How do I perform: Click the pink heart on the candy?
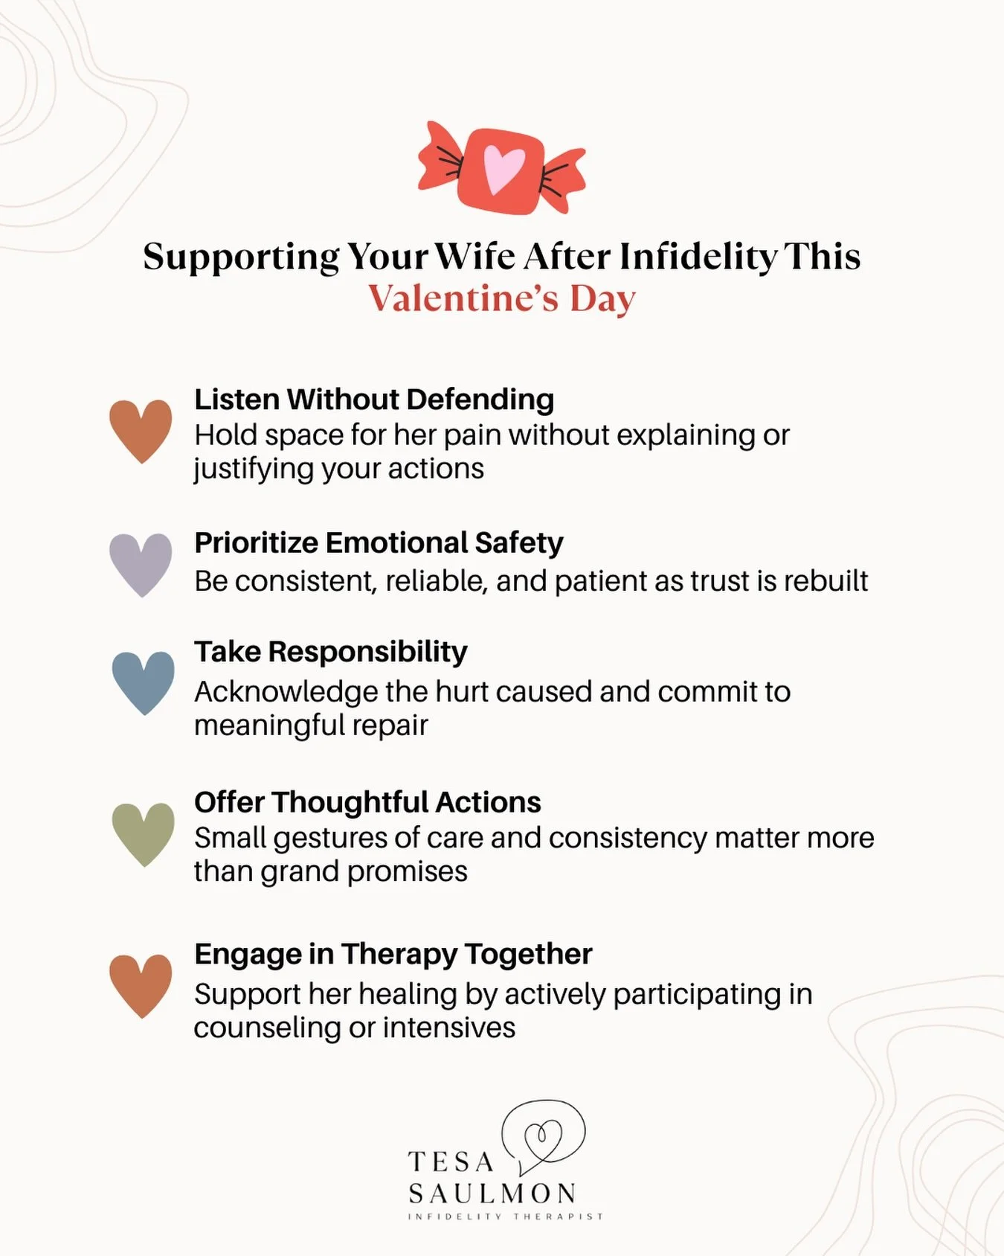[503, 169]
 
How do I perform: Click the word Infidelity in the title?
[698, 257]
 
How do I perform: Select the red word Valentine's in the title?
[463, 298]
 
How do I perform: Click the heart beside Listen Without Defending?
[141, 430]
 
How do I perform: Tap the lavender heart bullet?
[141, 564]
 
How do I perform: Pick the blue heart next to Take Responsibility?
[143, 682]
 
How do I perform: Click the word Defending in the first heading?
[480, 400]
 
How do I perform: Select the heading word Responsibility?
[367, 652]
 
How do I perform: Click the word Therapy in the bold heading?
[399, 955]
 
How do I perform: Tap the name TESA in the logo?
[451, 1162]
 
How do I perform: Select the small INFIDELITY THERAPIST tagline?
[505, 1217]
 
